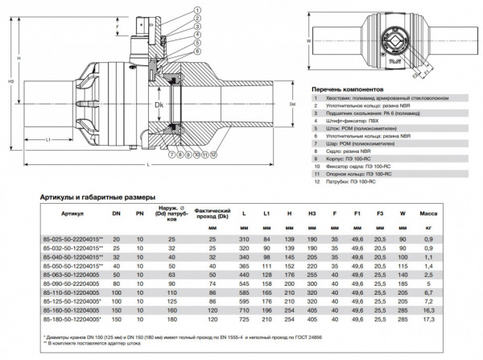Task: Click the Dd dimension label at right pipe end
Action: pos(292,104)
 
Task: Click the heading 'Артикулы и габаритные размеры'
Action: pos(98,197)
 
